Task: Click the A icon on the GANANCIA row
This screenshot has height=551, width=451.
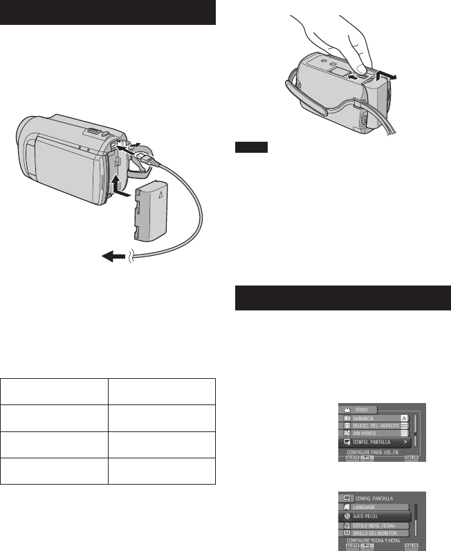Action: click(x=406, y=418)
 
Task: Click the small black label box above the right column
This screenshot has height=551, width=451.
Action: click(x=246, y=147)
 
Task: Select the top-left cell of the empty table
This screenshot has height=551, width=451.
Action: click(x=55, y=391)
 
